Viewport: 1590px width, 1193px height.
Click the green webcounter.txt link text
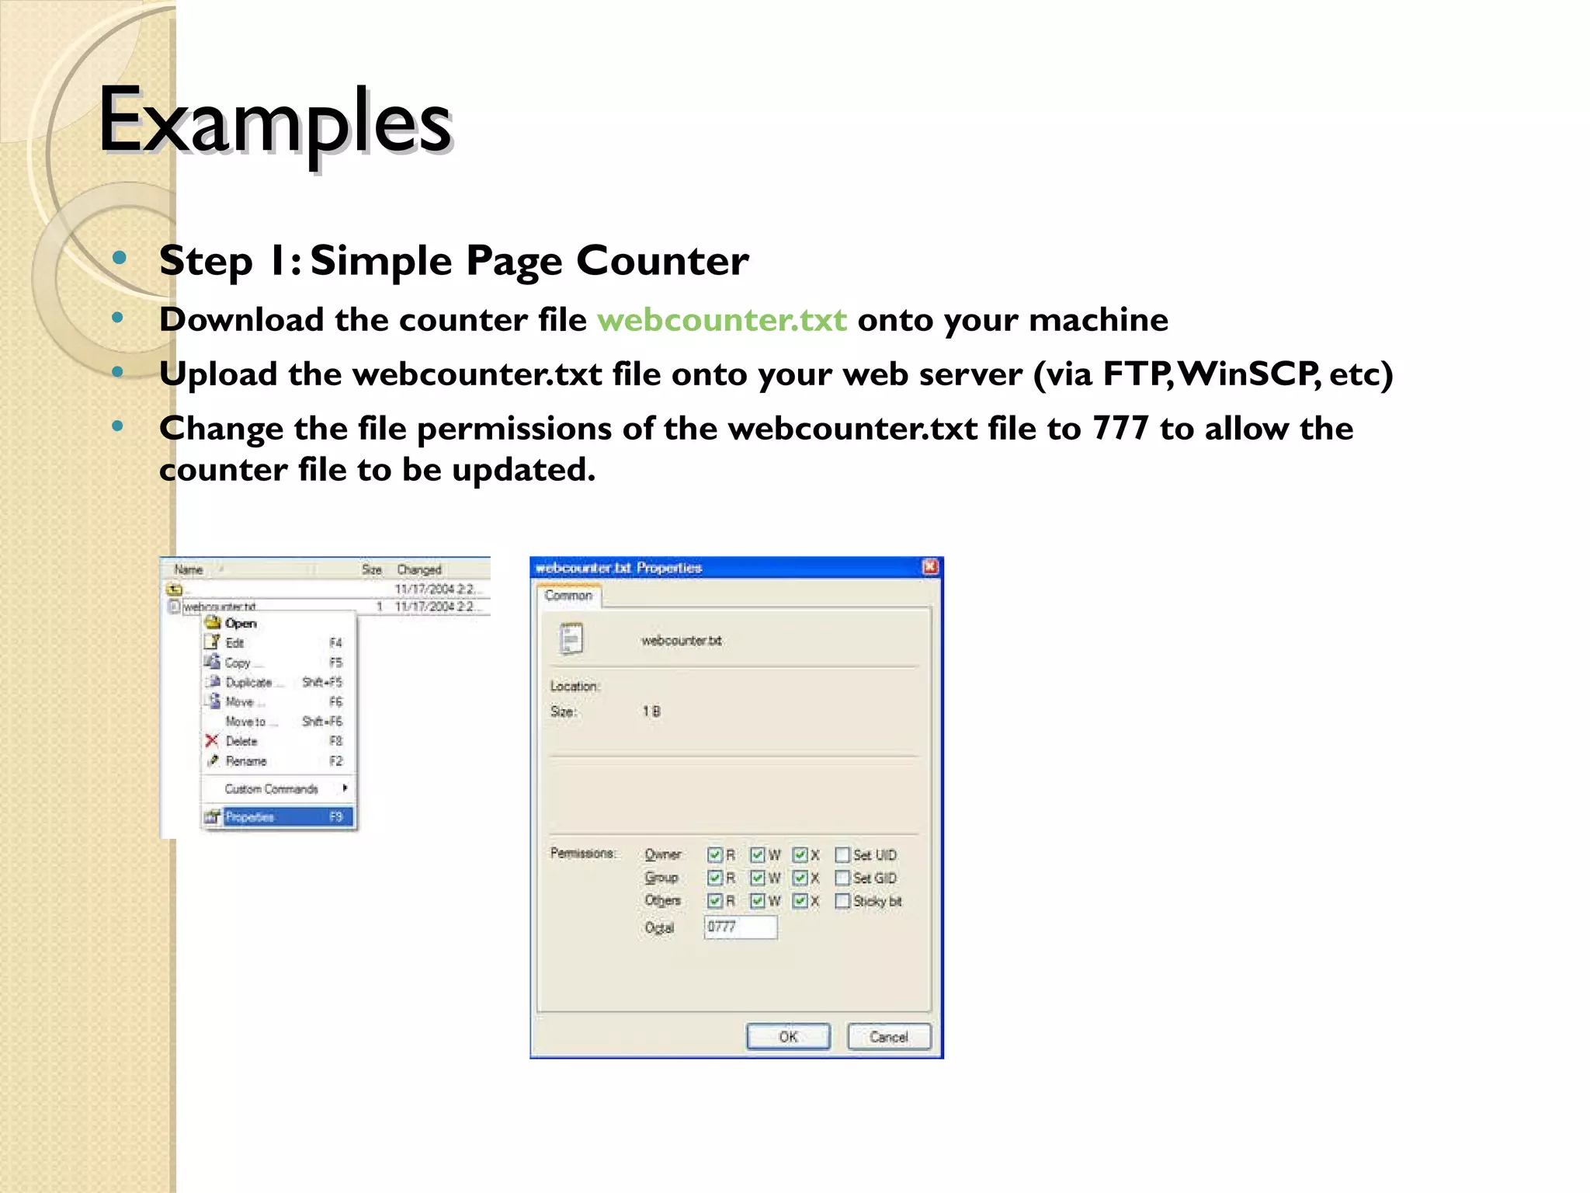pos(721,320)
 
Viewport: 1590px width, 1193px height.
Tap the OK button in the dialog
pos(787,1036)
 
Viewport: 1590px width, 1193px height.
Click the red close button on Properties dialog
pos(930,567)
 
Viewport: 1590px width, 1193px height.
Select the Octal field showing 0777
pos(740,927)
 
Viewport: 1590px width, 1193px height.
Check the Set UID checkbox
pos(842,854)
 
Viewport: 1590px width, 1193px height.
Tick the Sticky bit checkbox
pos(842,901)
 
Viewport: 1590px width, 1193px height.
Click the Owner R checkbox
pos(715,854)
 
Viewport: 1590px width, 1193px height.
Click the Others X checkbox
pos(800,901)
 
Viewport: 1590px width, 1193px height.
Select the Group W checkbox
pos(758,878)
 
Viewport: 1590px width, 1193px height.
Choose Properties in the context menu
pos(277,816)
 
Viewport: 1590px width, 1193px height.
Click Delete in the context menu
pos(241,741)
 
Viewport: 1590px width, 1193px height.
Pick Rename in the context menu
pos(246,761)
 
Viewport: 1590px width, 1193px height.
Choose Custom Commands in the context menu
pos(272,789)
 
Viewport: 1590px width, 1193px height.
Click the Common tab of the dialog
pos(568,596)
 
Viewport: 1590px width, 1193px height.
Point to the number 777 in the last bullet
pos(1120,428)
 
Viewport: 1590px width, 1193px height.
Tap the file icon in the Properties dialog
pos(571,638)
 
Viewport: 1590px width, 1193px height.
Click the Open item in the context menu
pos(241,623)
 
